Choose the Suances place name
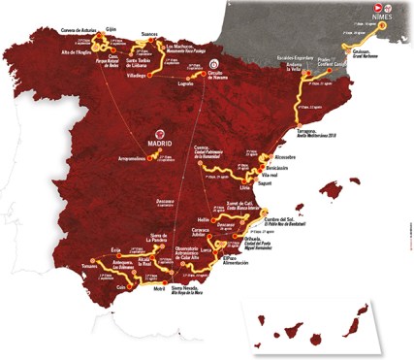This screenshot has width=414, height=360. point(150,33)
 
